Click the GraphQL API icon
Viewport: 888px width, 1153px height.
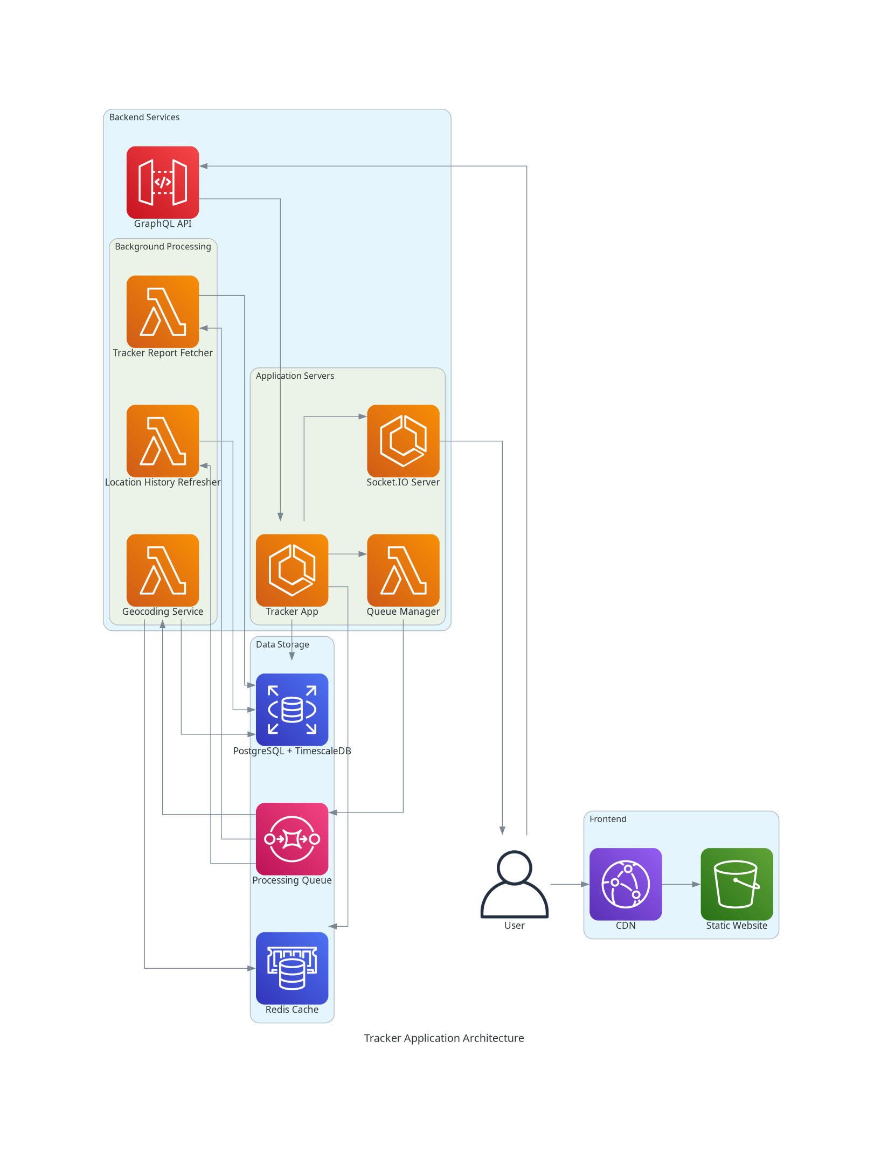163,182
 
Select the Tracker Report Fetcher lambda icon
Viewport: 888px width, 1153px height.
163,311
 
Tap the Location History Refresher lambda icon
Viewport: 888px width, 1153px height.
163,441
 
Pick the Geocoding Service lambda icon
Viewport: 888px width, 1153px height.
163,570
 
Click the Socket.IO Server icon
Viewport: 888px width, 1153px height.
403,441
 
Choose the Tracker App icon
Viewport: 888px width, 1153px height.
292,570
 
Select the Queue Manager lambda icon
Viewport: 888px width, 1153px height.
403,570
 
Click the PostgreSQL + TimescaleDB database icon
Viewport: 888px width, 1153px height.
292,710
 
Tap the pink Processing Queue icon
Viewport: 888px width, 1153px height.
292,839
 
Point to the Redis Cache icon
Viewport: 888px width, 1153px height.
292,968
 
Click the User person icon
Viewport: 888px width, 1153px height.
515,884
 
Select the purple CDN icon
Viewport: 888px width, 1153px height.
626,884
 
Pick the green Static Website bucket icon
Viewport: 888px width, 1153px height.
737,884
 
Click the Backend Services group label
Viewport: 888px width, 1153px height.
144,117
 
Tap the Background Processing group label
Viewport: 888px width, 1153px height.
163,247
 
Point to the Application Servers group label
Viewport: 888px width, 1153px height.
295,376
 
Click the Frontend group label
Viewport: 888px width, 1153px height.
608,819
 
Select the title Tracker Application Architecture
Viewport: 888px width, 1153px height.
444,1038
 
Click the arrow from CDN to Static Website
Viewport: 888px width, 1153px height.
681,884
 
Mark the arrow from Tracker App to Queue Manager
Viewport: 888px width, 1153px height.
348,554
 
